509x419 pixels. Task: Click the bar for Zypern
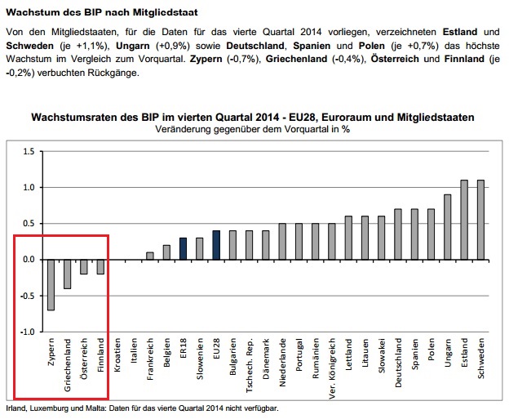tap(51, 285)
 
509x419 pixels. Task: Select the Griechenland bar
tap(68, 274)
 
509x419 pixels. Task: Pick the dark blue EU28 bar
tap(216, 245)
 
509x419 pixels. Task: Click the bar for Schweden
tap(480, 220)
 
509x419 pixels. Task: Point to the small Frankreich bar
tap(150, 256)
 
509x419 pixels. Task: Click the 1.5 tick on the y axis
tap(28, 151)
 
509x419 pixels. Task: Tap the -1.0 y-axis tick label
tap(27, 332)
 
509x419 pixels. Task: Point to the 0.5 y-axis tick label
tap(28, 224)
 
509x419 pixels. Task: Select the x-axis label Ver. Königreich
tap(332, 365)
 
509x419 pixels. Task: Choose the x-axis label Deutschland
tap(397, 364)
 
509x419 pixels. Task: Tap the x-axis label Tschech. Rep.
tap(249, 364)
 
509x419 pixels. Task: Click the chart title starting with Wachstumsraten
tap(252, 118)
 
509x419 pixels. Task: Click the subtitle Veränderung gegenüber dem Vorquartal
tap(252, 130)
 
